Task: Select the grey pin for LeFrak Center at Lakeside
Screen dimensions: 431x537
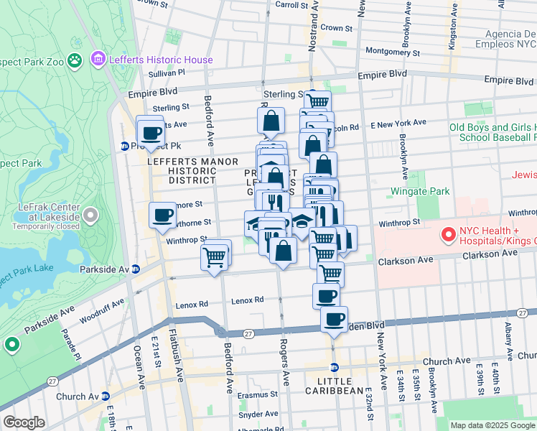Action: (90, 215)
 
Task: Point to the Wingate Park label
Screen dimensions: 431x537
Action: (419, 192)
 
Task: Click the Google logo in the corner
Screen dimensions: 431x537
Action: (24, 422)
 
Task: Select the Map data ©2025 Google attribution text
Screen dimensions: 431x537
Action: (492, 425)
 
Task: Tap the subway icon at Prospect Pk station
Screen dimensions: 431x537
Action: (124, 147)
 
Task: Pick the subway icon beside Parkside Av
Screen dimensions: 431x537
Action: (136, 269)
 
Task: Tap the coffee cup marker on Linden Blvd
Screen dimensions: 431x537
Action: (334, 320)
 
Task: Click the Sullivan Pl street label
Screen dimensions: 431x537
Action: (167, 73)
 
